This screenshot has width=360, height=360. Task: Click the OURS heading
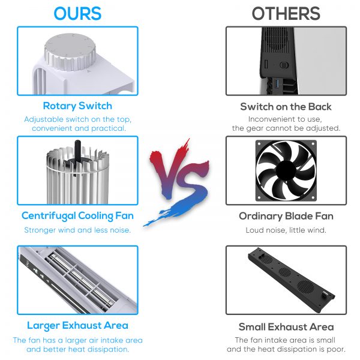(x=77, y=14)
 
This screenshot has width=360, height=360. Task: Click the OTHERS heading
(x=286, y=14)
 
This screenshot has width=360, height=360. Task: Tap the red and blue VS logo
(x=176, y=182)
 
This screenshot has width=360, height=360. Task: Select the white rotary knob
(x=70, y=52)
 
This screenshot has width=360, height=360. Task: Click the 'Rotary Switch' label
(x=77, y=106)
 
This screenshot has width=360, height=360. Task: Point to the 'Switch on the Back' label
(x=286, y=107)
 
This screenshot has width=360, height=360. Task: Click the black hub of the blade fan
(x=286, y=170)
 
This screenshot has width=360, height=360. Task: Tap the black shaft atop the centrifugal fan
(x=77, y=151)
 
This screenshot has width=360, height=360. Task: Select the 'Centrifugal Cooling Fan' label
(x=77, y=216)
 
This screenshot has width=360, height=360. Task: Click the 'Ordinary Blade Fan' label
(x=286, y=216)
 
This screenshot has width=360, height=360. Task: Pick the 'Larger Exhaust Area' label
(x=77, y=325)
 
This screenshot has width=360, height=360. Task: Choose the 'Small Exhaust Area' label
(x=286, y=327)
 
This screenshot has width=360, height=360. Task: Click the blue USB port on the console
(x=277, y=84)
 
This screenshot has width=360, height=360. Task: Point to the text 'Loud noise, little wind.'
(x=286, y=230)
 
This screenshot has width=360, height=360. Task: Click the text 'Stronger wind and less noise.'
(x=77, y=230)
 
